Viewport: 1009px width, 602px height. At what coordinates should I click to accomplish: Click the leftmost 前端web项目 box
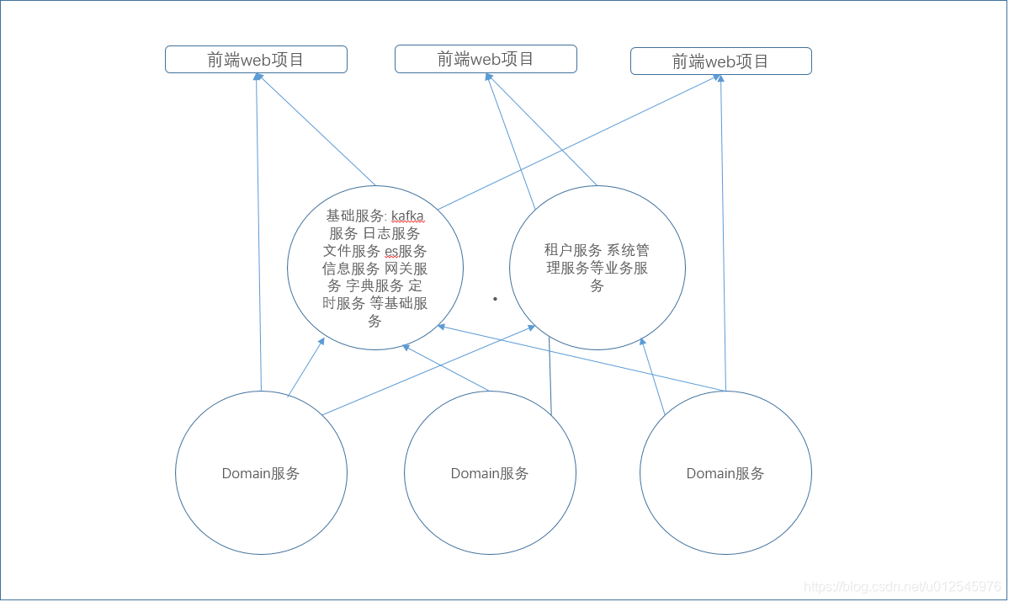(x=256, y=60)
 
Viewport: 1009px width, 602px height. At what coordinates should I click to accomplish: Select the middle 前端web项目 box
(x=486, y=59)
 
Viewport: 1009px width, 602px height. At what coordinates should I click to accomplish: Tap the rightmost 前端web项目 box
(x=720, y=61)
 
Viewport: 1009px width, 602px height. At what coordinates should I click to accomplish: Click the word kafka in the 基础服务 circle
(x=407, y=216)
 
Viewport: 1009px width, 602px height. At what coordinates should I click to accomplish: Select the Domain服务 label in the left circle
(x=261, y=473)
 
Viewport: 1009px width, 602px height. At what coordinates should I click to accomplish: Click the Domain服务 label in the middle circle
(x=490, y=473)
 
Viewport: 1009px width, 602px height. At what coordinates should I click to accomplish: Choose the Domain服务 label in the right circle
(x=725, y=473)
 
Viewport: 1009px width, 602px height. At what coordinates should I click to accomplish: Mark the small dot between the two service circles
(x=495, y=298)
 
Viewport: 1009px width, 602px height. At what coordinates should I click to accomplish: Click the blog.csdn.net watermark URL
(x=902, y=586)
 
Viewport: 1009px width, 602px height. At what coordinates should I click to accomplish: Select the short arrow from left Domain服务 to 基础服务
(x=306, y=367)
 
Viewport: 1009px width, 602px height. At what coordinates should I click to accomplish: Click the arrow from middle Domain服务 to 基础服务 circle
(x=446, y=367)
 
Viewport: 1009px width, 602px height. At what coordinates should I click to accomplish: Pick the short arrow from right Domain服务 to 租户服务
(x=652, y=376)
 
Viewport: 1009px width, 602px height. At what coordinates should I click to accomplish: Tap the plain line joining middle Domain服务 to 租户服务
(x=550, y=376)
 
